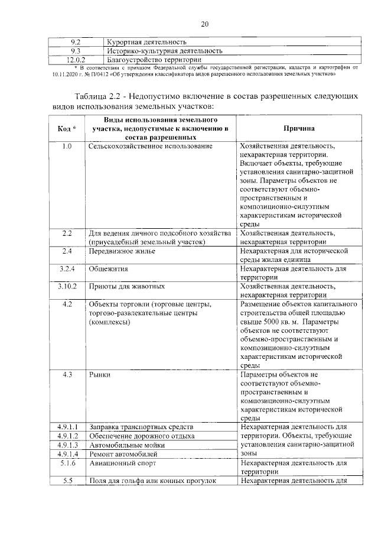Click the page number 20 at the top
pos(205,24)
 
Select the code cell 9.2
pos(76,42)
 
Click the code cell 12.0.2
pos(76,60)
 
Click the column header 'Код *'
pos(67,128)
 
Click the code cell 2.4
pos(67,251)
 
